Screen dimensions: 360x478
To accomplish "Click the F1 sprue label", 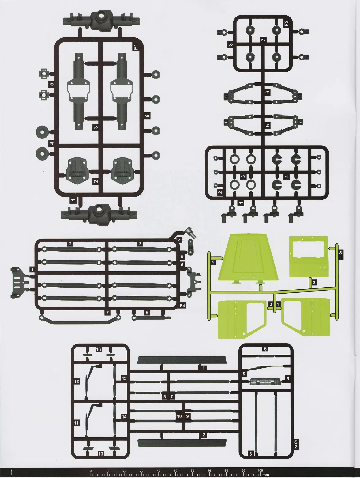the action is click(136, 47).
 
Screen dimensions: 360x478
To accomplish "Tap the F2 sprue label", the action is click(286, 24).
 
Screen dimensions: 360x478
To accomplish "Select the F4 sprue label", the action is click(182, 305).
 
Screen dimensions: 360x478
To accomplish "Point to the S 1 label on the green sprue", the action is click(340, 255).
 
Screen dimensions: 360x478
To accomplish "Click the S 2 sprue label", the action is click(296, 444).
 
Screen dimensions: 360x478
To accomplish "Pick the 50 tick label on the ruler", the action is click(175, 471).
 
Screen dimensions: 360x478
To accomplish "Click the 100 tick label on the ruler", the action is click(260, 471).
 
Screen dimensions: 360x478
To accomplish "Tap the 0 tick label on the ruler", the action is click(91, 471).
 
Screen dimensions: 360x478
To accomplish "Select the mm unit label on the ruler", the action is click(266, 475).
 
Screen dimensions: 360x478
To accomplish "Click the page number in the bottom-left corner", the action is click(12, 472).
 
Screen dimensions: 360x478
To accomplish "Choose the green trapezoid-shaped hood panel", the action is click(249, 257).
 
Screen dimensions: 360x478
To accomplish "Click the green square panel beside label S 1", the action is click(309, 256).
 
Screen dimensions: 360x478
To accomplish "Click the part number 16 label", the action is click(98, 350).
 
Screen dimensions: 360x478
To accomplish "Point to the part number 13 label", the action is click(101, 454).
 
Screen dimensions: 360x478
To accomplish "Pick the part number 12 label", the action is click(77, 381).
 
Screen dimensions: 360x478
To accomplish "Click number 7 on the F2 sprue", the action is click(263, 40).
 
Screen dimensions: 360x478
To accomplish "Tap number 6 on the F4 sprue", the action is click(147, 313).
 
